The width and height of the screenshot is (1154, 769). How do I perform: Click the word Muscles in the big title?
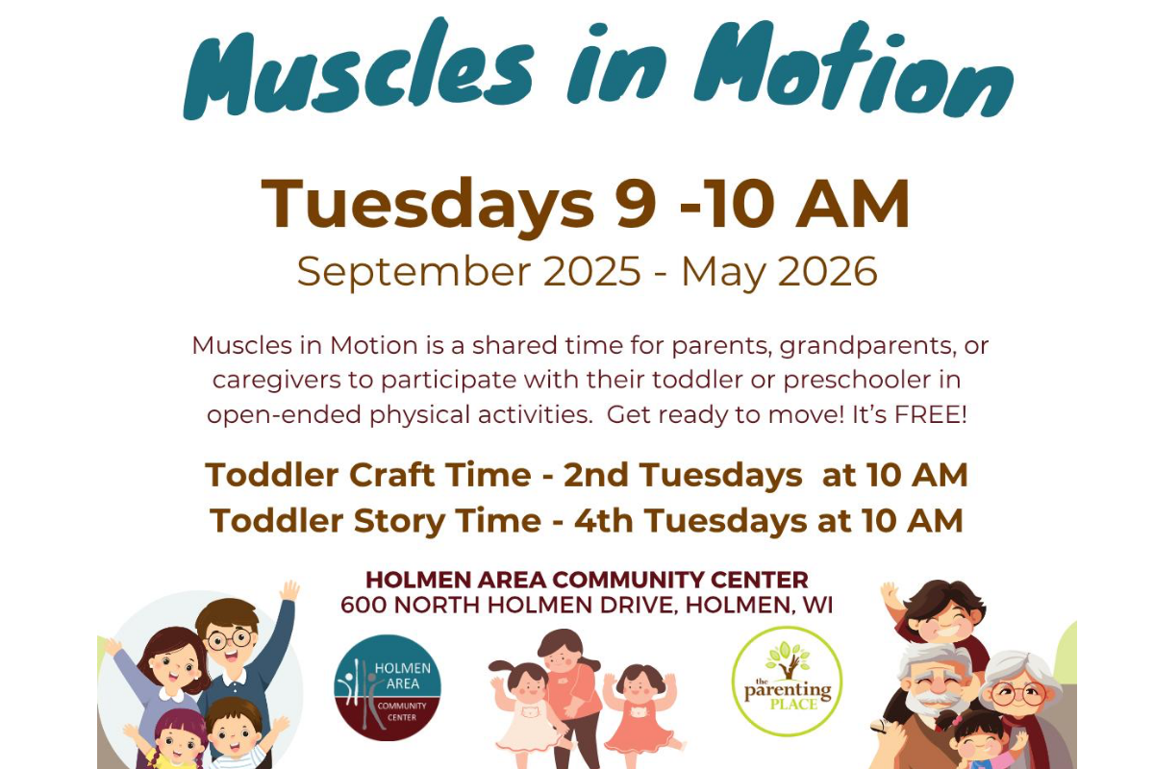click(x=359, y=68)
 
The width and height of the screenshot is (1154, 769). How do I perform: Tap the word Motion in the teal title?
click(x=853, y=68)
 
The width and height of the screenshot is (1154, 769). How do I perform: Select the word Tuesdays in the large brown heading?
click(x=428, y=205)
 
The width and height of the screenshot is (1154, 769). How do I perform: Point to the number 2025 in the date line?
click(x=592, y=271)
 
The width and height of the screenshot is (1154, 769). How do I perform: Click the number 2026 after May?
click(x=827, y=271)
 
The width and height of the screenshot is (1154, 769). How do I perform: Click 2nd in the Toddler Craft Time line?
click(x=596, y=475)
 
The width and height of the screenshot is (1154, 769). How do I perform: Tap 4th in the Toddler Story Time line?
click(x=604, y=520)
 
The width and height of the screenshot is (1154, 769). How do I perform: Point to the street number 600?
click(x=364, y=605)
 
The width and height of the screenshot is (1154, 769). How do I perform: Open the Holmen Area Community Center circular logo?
click(x=388, y=687)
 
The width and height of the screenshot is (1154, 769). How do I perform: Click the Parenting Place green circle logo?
click(x=788, y=682)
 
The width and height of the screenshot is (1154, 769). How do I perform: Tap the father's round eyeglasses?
click(x=230, y=640)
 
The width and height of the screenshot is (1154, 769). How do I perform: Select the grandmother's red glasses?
click(x=1018, y=693)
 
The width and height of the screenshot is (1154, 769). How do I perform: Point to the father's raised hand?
click(x=290, y=590)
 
